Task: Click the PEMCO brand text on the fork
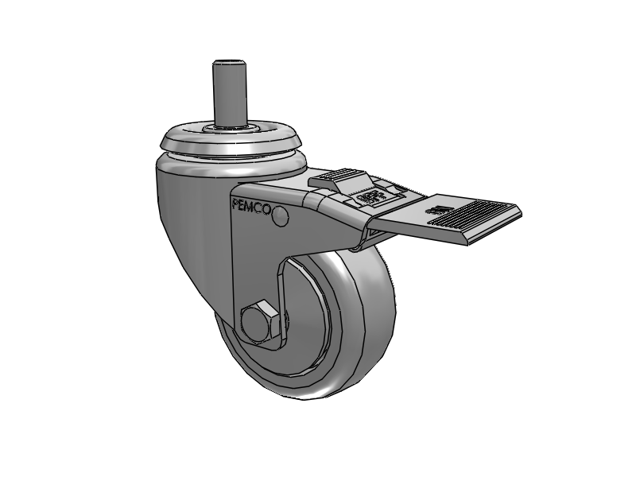click(250, 205)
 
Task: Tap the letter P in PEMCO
click(235, 202)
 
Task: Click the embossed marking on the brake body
click(367, 197)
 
